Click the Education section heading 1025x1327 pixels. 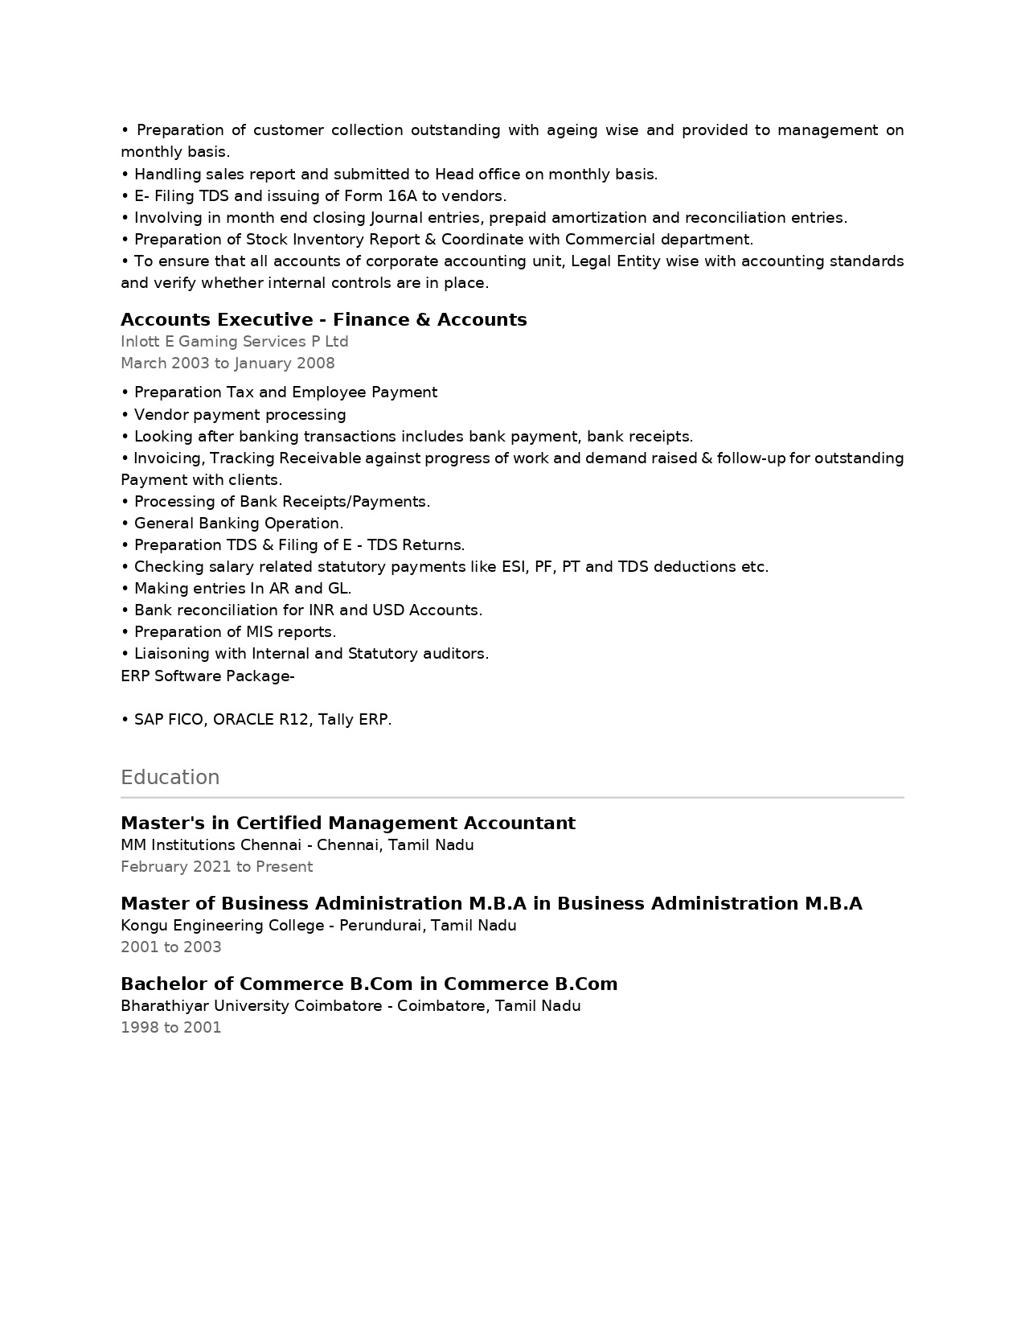(x=170, y=778)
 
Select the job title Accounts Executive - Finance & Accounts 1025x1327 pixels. (x=323, y=320)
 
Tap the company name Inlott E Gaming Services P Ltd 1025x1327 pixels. (x=234, y=342)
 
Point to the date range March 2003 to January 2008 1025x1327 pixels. (x=228, y=364)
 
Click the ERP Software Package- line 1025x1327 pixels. (x=207, y=676)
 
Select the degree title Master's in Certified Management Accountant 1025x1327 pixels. (x=347, y=824)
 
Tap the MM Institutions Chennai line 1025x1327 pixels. (x=297, y=845)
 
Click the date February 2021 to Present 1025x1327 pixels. (x=216, y=867)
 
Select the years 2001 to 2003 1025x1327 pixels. (x=170, y=947)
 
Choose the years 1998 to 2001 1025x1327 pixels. (x=170, y=1028)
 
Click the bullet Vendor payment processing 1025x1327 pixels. (x=240, y=415)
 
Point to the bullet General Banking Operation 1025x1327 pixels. (x=238, y=524)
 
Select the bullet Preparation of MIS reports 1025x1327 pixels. (x=235, y=632)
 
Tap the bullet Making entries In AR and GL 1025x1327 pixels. (x=242, y=589)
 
